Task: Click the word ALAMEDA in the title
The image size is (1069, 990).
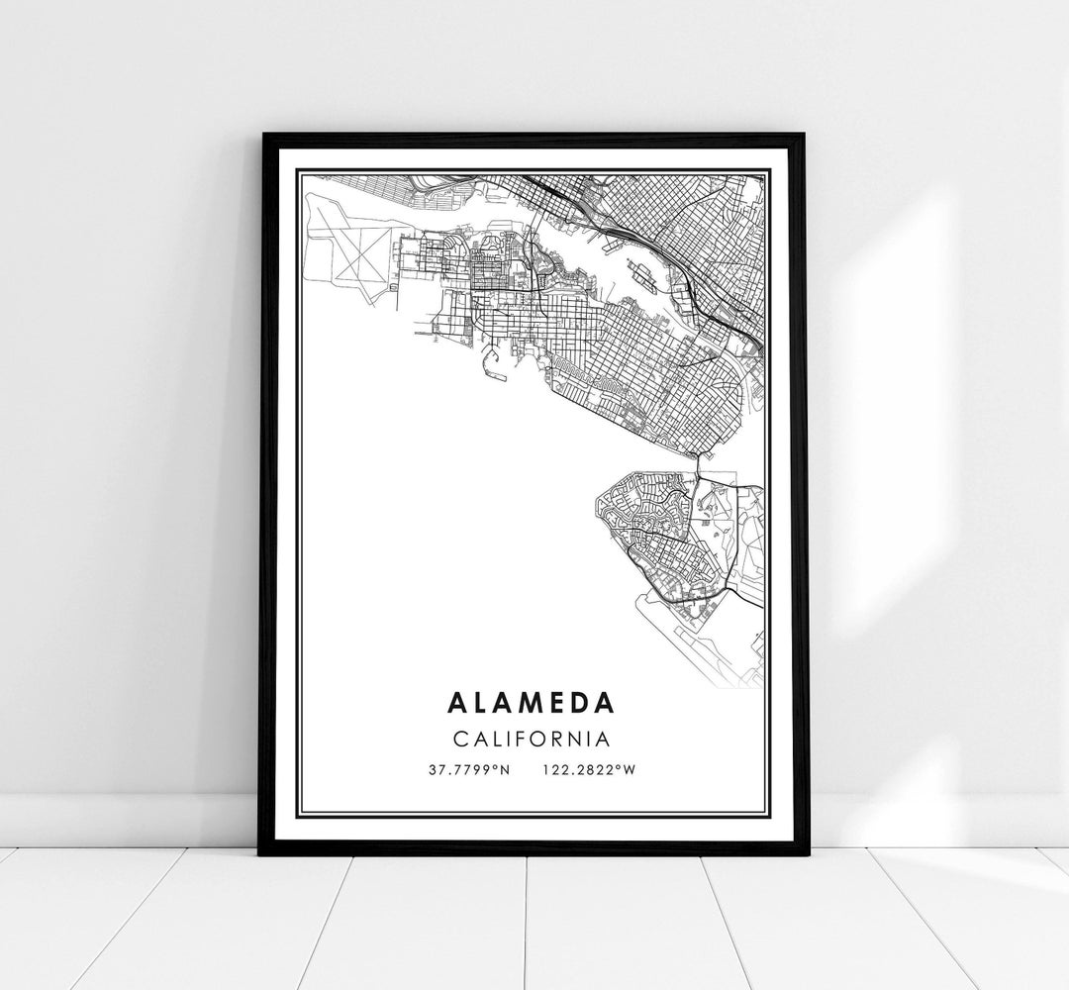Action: [x=532, y=702]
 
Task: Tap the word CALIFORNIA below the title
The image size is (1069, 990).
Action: [x=532, y=738]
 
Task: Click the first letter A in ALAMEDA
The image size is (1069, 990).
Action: [x=458, y=702]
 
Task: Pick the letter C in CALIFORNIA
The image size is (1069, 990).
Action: [x=460, y=738]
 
